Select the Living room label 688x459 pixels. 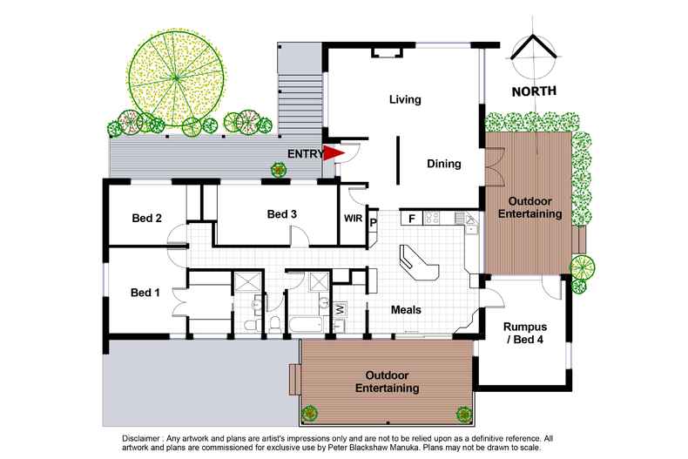(404, 100)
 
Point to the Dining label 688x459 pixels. (443, 163)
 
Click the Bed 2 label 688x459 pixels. (145, 219)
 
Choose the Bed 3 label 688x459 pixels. (283, 214)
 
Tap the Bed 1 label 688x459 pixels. (145, 292)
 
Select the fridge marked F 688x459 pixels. (410, 219)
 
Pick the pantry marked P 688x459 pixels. (373, 223)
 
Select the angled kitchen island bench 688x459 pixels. (418, 262)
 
